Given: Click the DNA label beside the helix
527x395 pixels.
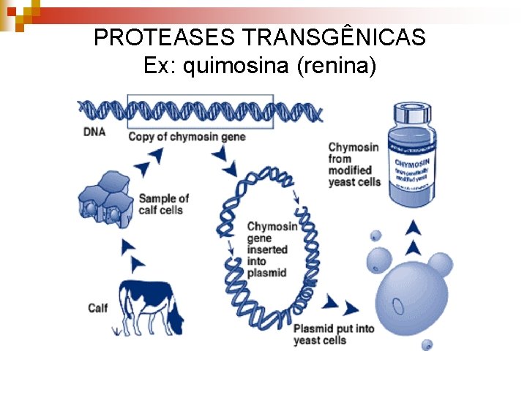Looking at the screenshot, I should pos(94,132).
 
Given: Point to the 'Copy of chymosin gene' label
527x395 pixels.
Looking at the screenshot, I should pos(187,136).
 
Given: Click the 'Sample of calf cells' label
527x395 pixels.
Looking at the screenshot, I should pos(163,204).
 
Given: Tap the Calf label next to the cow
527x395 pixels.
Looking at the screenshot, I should pos(97,308).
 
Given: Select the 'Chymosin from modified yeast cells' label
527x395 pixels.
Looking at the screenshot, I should pos(354,165).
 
